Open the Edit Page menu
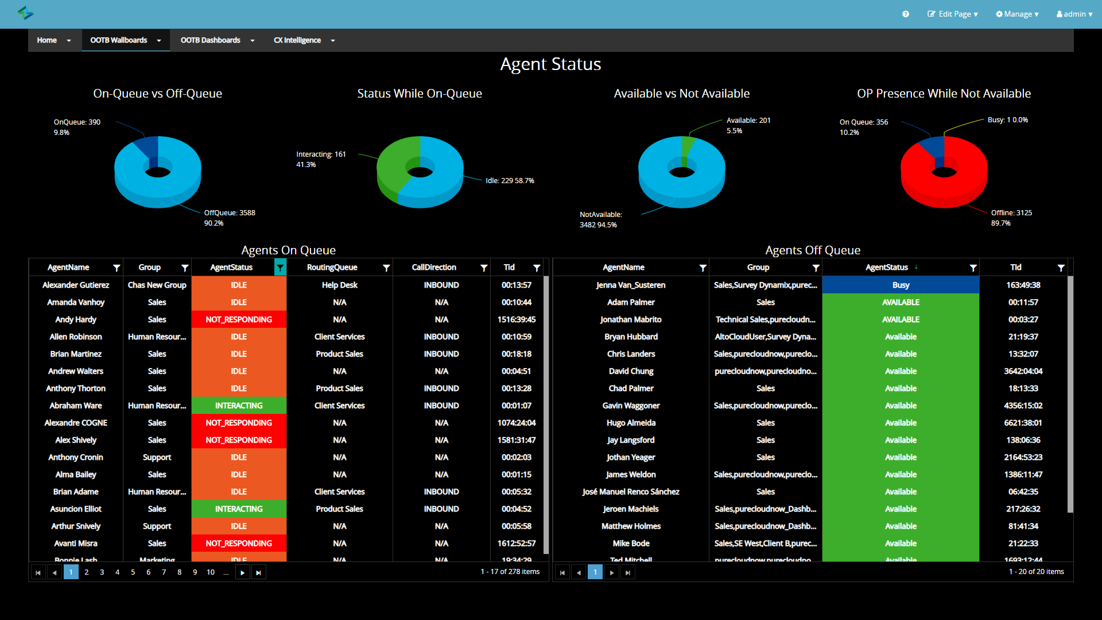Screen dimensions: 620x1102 (952, 14)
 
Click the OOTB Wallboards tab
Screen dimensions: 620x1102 (119, 40)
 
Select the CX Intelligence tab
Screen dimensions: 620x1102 (297, 40)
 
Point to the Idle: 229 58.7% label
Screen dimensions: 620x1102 (510, 181)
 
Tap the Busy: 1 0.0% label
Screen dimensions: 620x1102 (1007, 120)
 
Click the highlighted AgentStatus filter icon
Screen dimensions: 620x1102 (280, 268)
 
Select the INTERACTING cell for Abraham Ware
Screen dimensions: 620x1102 (239, 406)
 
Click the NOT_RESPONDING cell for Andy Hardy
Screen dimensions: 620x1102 (239, 320)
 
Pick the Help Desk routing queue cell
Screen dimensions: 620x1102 (339, 285)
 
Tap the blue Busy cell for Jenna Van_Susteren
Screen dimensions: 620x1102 (901, 285)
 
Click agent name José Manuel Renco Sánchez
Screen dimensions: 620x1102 (631, 492)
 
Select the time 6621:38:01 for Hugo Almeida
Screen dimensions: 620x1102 (1023, 423)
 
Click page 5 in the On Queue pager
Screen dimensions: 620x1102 (133, 572)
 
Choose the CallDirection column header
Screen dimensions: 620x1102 (434, 268)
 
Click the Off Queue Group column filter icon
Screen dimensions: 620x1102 (816, 268)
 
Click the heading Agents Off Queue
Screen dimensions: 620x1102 (812, 250)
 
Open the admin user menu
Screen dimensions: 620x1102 (1074, 14)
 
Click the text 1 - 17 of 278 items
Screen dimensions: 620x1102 (510, 572)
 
